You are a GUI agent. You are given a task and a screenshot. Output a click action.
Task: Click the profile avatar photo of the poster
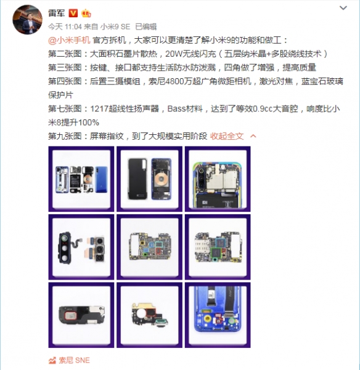[27, 20]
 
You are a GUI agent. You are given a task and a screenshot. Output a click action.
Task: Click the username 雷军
[57, 13]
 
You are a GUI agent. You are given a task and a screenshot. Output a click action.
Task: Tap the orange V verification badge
[73, 13]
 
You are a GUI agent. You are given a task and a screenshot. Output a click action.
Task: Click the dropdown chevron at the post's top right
[343, 8]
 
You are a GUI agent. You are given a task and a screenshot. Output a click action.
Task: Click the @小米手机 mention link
[69, 40]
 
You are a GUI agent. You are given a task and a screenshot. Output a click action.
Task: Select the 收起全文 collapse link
[227, 136]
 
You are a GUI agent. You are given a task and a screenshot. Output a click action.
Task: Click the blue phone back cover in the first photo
[101, 179]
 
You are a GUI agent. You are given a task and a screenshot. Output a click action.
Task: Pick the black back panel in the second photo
[137, 179]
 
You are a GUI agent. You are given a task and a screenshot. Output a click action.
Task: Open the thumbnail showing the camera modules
[81, 247]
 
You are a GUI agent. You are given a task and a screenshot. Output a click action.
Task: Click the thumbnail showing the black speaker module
[81, 315]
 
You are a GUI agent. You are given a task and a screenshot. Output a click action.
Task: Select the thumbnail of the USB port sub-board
[150, 315]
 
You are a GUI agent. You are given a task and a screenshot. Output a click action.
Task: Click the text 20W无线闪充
[190, 54]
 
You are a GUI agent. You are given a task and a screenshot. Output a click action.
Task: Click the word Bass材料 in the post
[185, 109]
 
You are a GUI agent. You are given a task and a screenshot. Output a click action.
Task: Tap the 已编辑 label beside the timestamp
[146, 26]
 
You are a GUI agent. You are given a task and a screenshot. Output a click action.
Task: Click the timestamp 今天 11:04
[65, 26]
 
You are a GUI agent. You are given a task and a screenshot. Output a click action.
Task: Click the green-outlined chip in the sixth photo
[216, 253]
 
